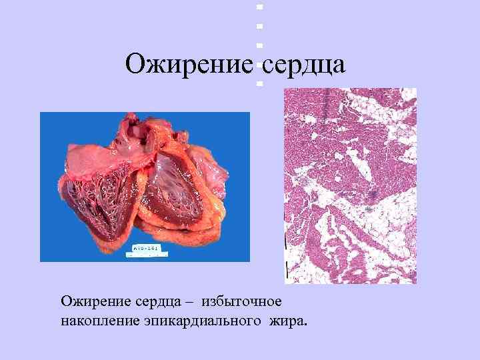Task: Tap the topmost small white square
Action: click(259, 7)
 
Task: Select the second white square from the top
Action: click(259, 26)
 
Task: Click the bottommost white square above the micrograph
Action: click(259, 83)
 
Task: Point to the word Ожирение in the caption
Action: click(91, 303)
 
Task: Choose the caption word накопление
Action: click(97, 323)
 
